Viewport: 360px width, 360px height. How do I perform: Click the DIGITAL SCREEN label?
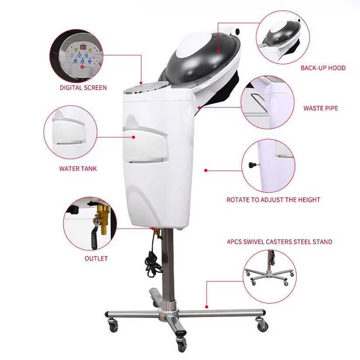(83, 88)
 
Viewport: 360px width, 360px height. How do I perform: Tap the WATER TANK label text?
(78, 168)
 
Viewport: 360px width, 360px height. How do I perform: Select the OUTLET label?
(96, 258)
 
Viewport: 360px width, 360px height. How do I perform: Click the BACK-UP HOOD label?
(323, 68)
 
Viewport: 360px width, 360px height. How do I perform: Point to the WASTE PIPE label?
(321, 108)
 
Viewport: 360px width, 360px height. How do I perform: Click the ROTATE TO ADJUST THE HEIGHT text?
(273, 200)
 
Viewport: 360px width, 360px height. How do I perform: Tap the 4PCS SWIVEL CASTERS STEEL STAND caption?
(279, 242)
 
